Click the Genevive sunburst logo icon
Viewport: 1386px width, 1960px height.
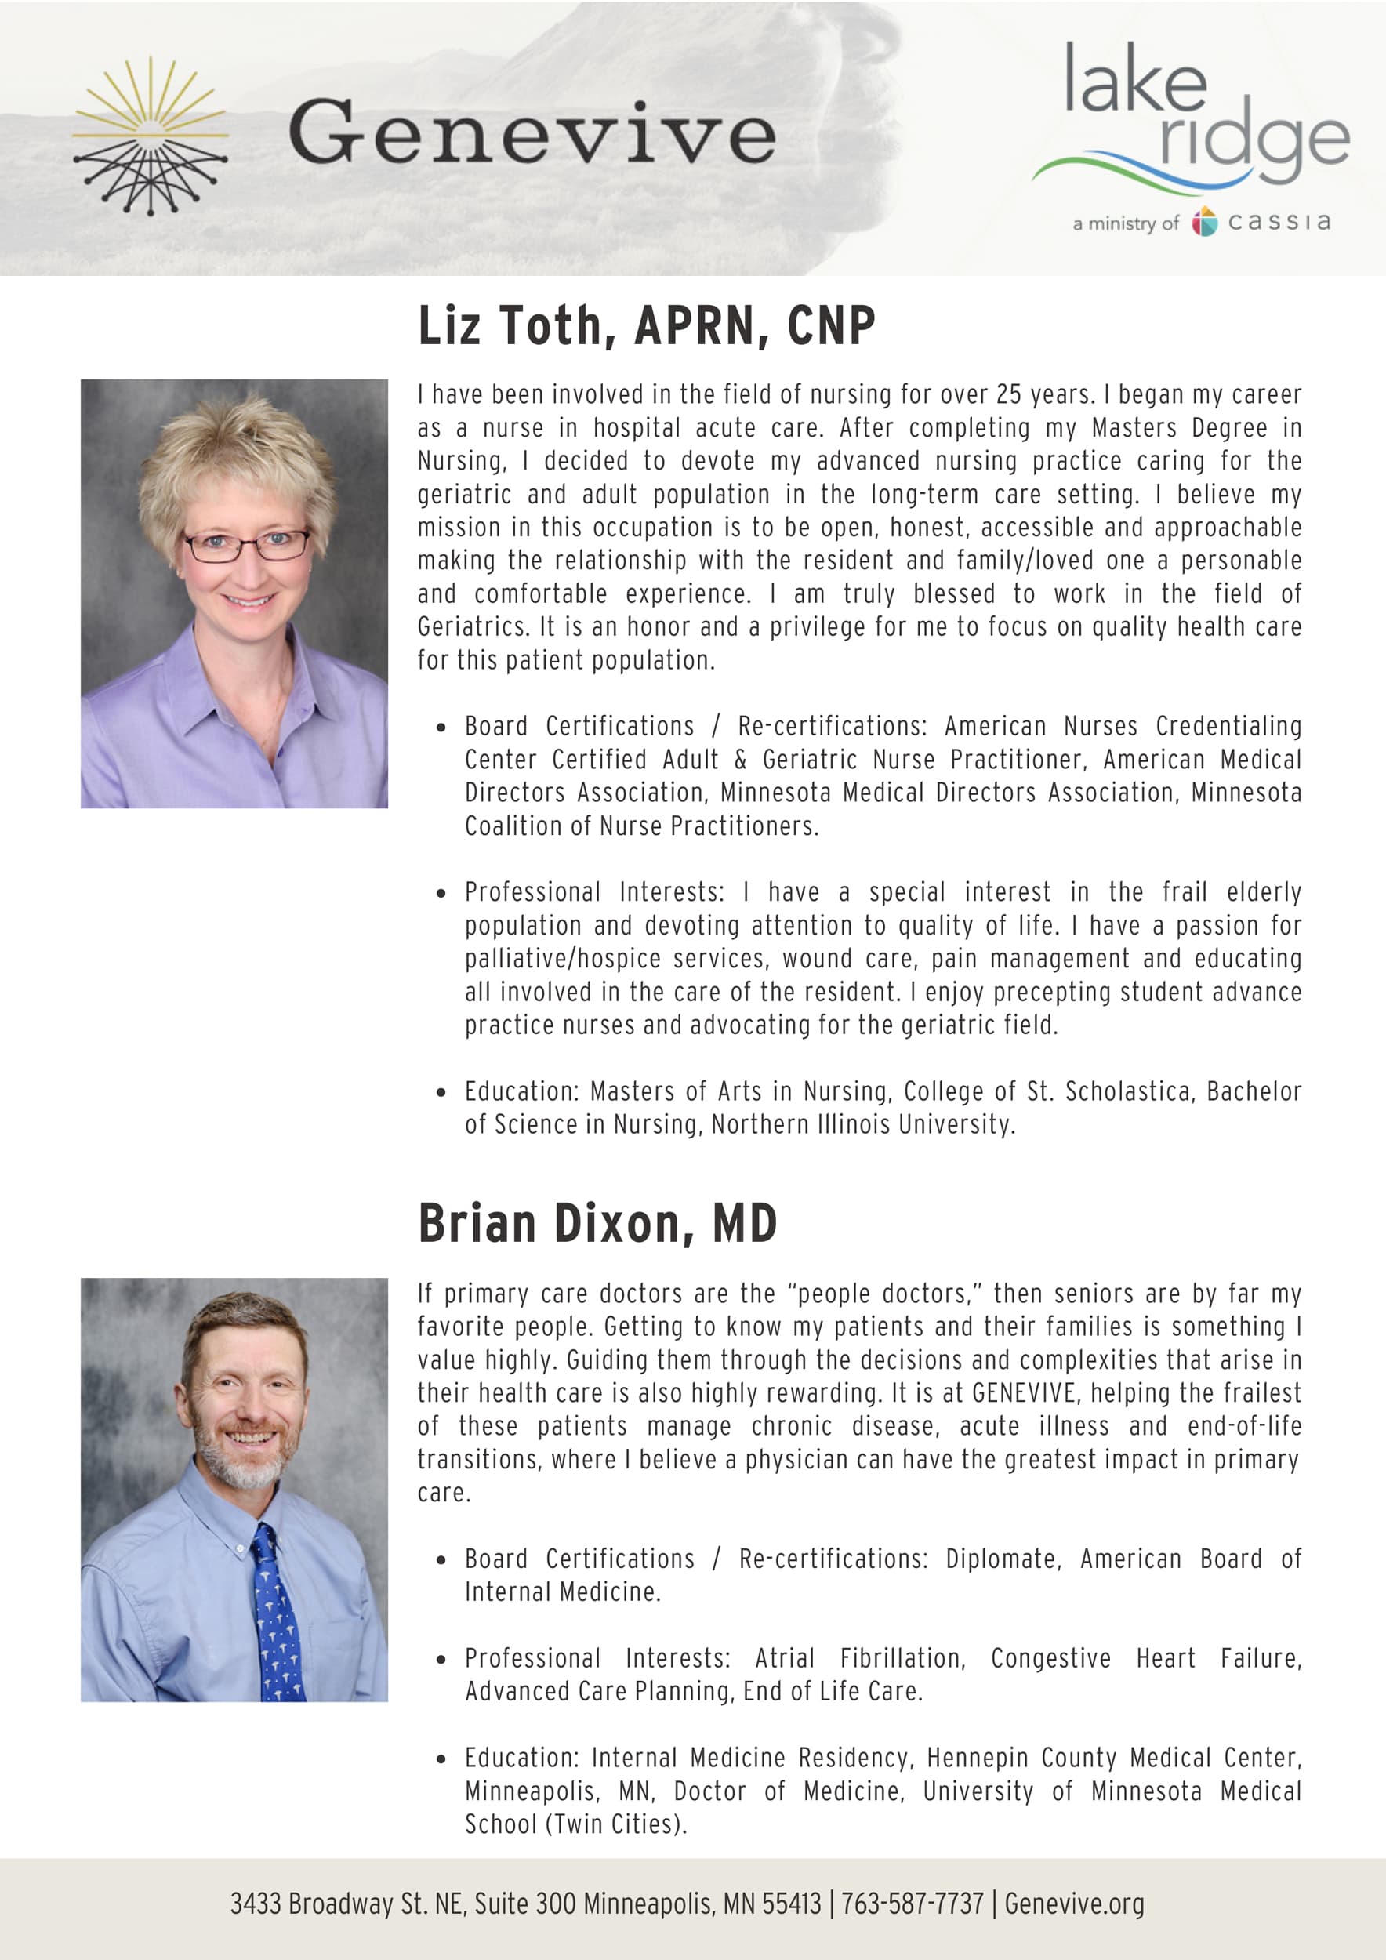pos(151,136)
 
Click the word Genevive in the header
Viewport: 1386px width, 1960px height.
pos(532,132)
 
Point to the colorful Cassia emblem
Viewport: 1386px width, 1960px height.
pos(1204,221)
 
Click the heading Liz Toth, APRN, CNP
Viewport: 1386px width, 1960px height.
pos(646,325)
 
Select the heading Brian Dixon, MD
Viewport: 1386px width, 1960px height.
pos(597,1223)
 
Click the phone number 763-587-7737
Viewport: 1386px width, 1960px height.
pos(913,1903)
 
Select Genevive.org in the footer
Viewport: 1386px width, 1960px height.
pos(1074,1903)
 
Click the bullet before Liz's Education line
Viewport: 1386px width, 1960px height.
pos(441,1092)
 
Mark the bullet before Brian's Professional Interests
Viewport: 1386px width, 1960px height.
pos(441,1660)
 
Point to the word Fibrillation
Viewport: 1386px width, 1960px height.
pos(902,1658)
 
